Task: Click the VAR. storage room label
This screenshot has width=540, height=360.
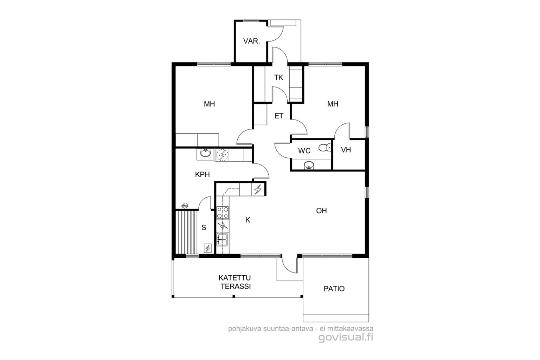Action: tap(251, 41)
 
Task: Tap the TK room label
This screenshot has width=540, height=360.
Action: tap(278, 78)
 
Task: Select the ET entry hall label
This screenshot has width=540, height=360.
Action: tap(279, 116)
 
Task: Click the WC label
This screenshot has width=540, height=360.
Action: tap(304, 151)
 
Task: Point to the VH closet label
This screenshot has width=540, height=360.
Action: tap(346, 150)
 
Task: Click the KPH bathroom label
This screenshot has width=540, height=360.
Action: tap(202, 175)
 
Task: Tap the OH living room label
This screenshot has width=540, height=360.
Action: tap(321, 211)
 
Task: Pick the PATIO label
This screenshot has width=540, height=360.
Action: tap(334, 289)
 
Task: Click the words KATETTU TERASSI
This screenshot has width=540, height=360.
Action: tap(234, 282)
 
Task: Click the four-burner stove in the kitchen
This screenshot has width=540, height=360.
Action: tap(223, 212)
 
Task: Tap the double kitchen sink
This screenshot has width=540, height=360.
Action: tap(222, 239)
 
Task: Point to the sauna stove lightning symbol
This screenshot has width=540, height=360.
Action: tap(207, 248)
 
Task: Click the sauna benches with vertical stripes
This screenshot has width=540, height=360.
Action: tap(186, 232)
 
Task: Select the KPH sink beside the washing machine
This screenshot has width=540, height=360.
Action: tap(205, 153)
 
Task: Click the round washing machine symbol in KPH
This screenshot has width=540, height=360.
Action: tap(222, 155)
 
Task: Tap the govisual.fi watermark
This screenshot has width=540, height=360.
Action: tap(346, 337)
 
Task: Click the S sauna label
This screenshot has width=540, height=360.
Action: tap(204, 227)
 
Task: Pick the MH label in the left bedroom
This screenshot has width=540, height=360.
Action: tap(209, 104)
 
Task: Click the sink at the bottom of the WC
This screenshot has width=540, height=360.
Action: tap(309, 166)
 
